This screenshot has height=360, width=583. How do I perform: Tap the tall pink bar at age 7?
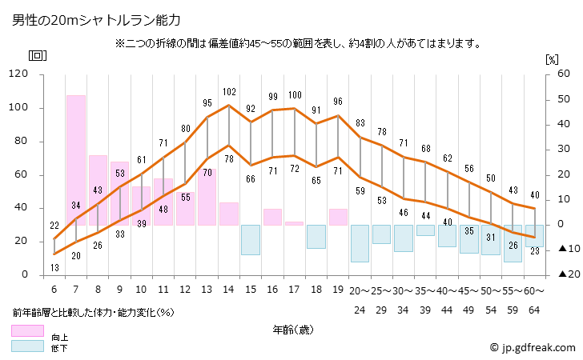click(x=76, y=160)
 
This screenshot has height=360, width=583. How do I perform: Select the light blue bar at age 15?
click(x=251, y=239)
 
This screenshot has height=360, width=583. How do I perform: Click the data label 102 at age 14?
click(x=229, y=92)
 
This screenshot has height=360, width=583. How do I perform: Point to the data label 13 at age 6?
click(x=54, y=267)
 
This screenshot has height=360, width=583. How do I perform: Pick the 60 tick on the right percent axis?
click(x=552, y=74)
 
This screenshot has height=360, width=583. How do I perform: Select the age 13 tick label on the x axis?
click(x=207, y=289)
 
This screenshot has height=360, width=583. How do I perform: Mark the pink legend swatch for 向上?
click(x=27, y=330)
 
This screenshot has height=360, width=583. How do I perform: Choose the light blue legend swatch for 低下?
click(x=27, y=346)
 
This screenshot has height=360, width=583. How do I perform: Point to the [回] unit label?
click(x=37, y=56)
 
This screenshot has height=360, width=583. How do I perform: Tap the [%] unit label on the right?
click(x=551, y=59)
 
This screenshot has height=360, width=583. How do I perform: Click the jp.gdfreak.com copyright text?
click(x=533, y=347)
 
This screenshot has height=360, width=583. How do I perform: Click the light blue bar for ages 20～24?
click(x=360, y=243)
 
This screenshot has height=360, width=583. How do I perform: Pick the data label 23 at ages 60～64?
click(x=535, y=251)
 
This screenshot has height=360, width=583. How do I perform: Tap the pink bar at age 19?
click(x=338, y=217)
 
